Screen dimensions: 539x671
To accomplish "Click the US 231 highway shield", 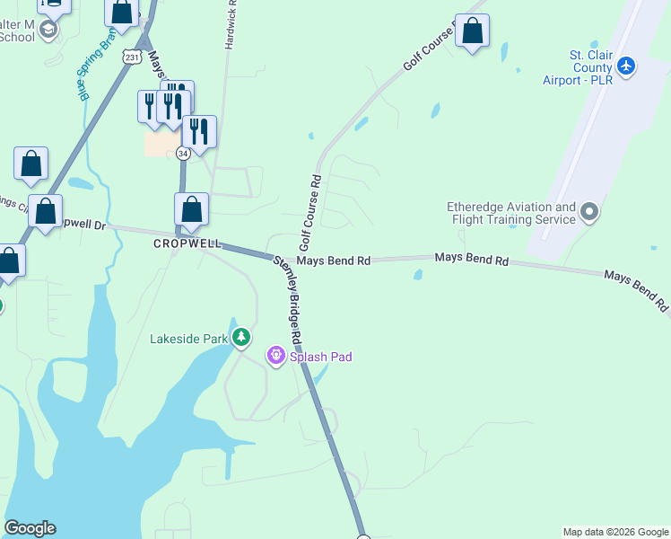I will tap(133, 57).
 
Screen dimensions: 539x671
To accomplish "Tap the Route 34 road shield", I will tap(182, 154).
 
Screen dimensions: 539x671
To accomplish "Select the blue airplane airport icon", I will tap(626, 66).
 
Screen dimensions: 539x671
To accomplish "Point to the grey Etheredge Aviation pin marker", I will tap(589, 213).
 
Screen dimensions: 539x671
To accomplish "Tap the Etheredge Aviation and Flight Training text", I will tap(511, 213).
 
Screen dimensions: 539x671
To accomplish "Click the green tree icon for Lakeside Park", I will tap(240, 338).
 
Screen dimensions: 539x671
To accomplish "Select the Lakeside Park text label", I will tap(189, 339).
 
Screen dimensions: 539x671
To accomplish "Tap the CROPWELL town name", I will tap(187, 243).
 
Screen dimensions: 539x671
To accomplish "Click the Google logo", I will tap(30, 528).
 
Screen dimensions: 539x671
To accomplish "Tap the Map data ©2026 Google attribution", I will tap(615, 532).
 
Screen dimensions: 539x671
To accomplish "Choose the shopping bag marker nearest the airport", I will tap(473, 31).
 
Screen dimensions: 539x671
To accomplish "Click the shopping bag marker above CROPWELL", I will tap(191, 210).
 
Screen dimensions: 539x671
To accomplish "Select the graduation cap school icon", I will tap(48, 31).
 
